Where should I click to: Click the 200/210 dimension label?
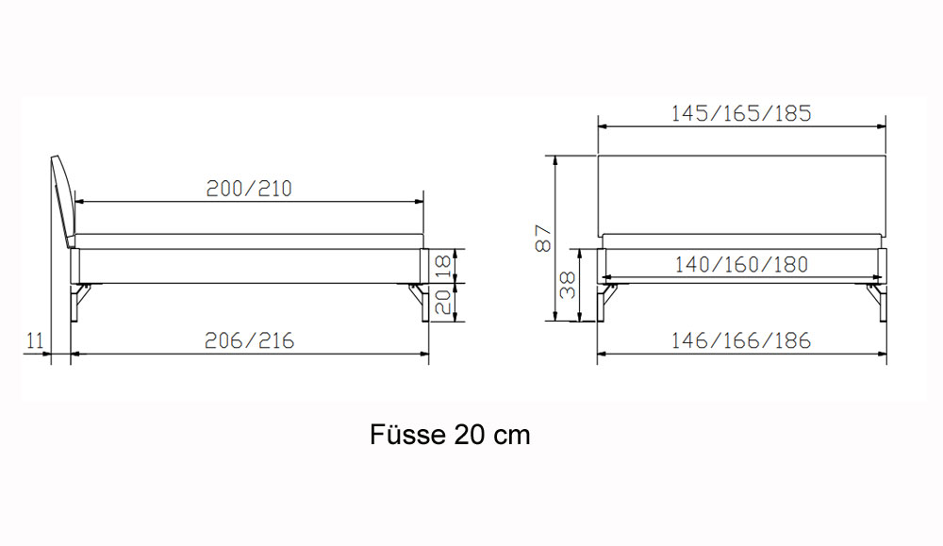[x=249, y=189]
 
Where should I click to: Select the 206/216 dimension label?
[x=249, y=341]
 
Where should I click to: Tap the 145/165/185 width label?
[x=741, y=113]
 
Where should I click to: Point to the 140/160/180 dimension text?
[x=741, y=265]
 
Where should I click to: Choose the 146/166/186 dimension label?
[x=741, y=341]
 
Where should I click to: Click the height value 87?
[x=542, y=239]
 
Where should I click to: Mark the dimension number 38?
[x=568, y=285]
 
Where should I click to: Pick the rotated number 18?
[x=442, y=266]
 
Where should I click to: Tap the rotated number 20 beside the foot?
[x=442, y=303]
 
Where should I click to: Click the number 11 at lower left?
[x=36, y=341]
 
